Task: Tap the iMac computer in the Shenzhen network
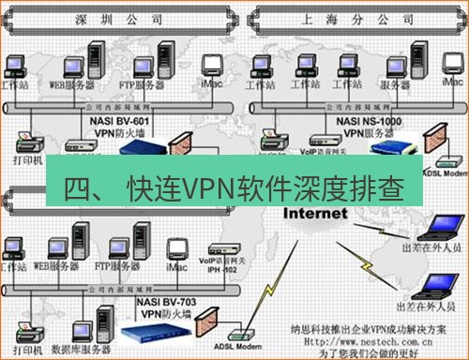coord(208,67)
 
